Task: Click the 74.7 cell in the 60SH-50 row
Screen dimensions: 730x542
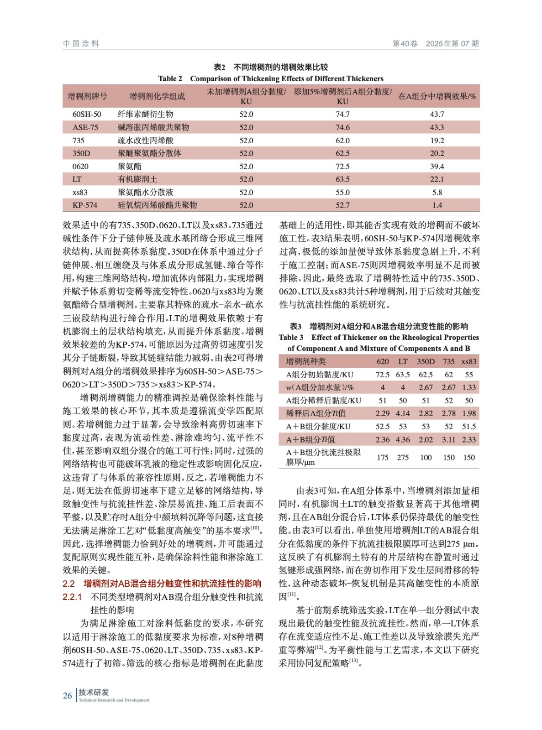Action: (x=342, y=114)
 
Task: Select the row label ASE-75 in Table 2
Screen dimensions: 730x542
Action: (x=85, y=127)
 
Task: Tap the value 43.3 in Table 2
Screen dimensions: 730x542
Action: (x=437, y=127)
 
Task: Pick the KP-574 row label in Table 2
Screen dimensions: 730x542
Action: (x=85, y=205)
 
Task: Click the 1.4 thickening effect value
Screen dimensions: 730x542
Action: (x=437, y=205)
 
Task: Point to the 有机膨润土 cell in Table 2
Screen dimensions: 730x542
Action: (x=137, y=179)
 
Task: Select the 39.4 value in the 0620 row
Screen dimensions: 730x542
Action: (x=437, y=167)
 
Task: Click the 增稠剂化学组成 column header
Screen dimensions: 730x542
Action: (x=157, y=96)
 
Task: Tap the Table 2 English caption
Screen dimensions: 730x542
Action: (x=271, y=78)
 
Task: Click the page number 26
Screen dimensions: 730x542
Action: (x=68, y=696)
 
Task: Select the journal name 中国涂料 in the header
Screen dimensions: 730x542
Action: (x=81, y=44)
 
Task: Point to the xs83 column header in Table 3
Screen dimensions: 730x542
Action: (x=469, y=362)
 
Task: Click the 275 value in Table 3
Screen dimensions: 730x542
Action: (x=403, y=457)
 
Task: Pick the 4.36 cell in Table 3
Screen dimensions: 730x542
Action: (x=403, y=440)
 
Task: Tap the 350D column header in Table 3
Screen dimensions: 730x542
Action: (x=426, y=362)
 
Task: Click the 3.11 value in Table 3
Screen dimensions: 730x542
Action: (x=449, y=440)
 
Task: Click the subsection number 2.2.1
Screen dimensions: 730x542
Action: (x=72, y=597)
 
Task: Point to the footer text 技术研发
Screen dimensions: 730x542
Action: (x=94, y=692)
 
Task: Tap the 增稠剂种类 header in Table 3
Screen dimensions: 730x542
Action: (x=306, y=362)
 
